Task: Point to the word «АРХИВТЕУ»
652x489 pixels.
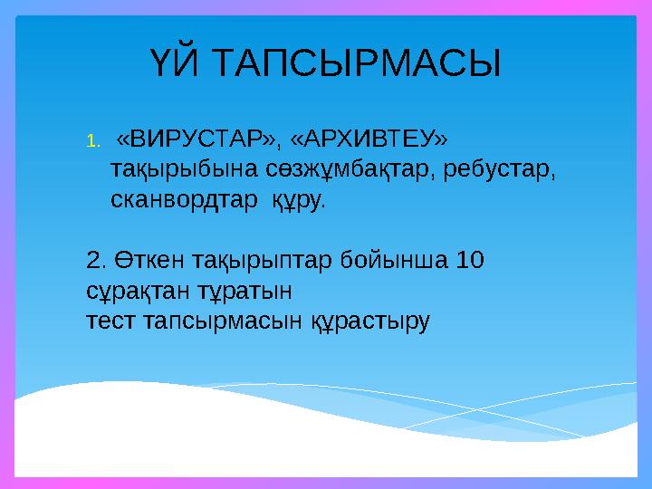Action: (368, 139)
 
